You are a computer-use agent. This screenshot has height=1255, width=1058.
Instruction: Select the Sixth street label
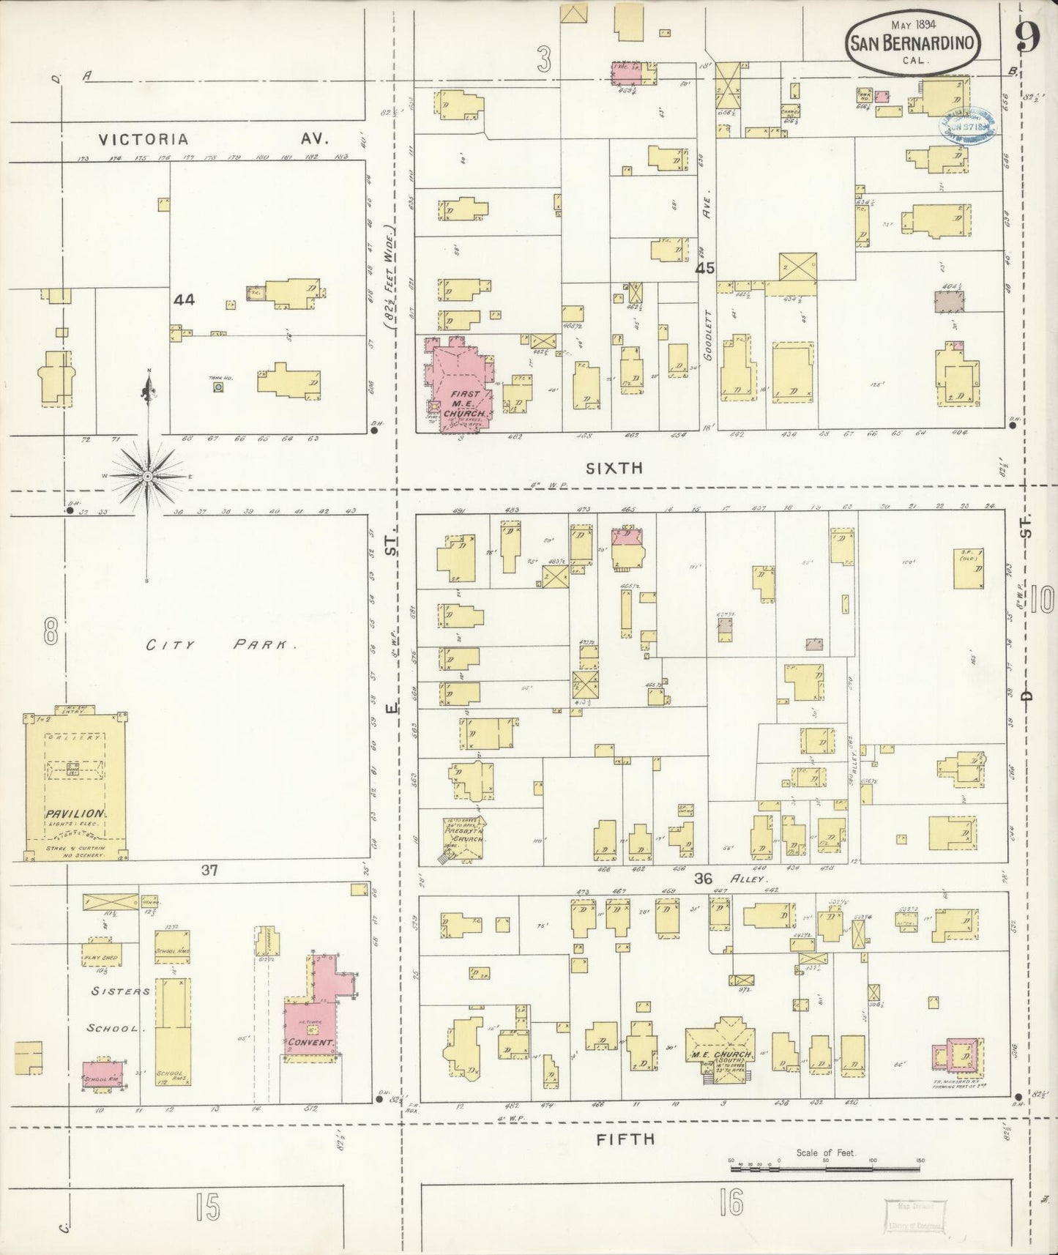tap(614, 468)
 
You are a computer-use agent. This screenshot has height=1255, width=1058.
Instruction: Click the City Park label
tap(220, 645)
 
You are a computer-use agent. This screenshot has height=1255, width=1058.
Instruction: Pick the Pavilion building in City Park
tap(75, 783)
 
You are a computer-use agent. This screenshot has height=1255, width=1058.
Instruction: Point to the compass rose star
tap(148, 476)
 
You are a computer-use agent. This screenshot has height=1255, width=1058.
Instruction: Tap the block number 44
tap(185, 299)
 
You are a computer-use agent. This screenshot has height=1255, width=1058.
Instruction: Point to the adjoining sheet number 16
tap(731, 1201)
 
